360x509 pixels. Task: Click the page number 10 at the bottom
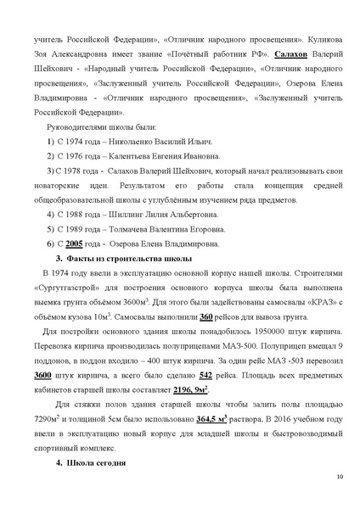339,477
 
